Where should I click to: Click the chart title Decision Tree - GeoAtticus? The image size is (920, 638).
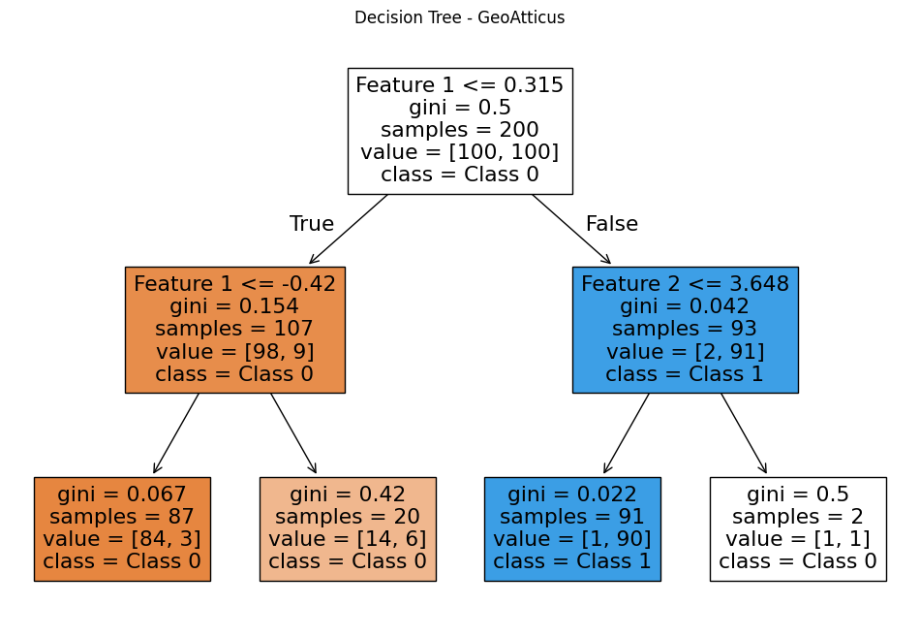pos(459,17)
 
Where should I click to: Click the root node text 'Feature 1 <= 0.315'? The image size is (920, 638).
pos(459,85)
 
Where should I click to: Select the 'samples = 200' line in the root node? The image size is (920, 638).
pos(459,130)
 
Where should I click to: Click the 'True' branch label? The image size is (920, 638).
pos(311,224)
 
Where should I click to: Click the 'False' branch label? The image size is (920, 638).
pos(611,224)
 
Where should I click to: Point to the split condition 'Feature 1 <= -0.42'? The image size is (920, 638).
pos(234,284)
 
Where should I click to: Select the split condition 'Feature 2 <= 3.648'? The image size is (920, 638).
pos(685,284)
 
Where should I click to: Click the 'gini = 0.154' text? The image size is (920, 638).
pos(234,306)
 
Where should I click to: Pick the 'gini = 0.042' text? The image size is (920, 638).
pos(685,306)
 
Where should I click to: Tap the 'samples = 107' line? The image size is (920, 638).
pos(234,329)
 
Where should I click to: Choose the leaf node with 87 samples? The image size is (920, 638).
pos(122,528)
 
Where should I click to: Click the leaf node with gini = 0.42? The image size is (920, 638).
pos(348,528)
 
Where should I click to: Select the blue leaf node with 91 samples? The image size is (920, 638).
pos(572,528)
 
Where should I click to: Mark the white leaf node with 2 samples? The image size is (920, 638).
pos(798,528)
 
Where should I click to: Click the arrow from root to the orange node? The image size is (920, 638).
pos(349,229)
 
